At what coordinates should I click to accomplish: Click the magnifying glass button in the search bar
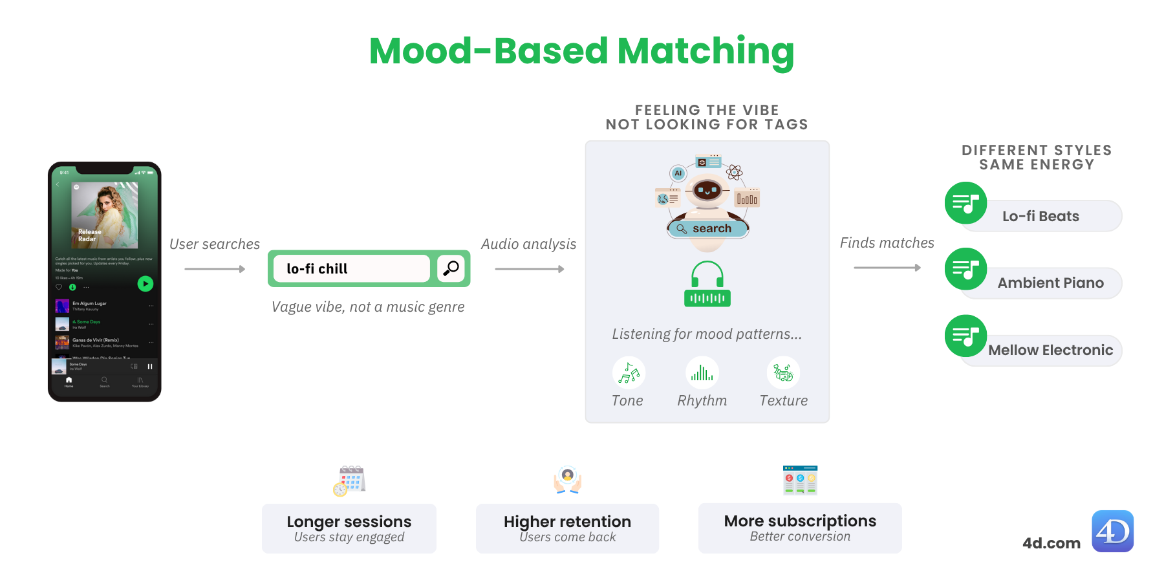(x=451, y=268)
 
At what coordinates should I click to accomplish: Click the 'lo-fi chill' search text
(x=317, y=269)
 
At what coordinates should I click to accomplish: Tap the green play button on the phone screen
(x=145, y=283)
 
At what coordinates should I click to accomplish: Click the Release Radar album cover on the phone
(x=104, y=215)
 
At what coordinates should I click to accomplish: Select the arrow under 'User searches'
(x=215, y=269)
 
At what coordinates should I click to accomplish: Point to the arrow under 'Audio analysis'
(x=529, y=269)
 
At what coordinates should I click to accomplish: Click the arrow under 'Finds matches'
(x=887, y=268)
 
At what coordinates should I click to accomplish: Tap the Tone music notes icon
(x=629, y=373)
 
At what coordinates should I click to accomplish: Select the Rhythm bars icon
(x=702, y=373)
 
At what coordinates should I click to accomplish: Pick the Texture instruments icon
(x=783, y=373)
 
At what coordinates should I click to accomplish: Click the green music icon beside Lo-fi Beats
(x=965, y=203)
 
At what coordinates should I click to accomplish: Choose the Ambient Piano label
(x=1050, y=283)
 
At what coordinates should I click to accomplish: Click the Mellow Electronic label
(x=1050, y=350)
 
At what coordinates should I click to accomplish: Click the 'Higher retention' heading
(x=567, y=521)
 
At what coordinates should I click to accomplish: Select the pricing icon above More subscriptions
(x=800, y=480)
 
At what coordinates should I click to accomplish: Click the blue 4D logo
(x=1112, y=531)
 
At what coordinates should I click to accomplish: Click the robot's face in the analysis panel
(x=707, y=191)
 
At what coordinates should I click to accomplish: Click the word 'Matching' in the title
(x=706, y=51)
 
